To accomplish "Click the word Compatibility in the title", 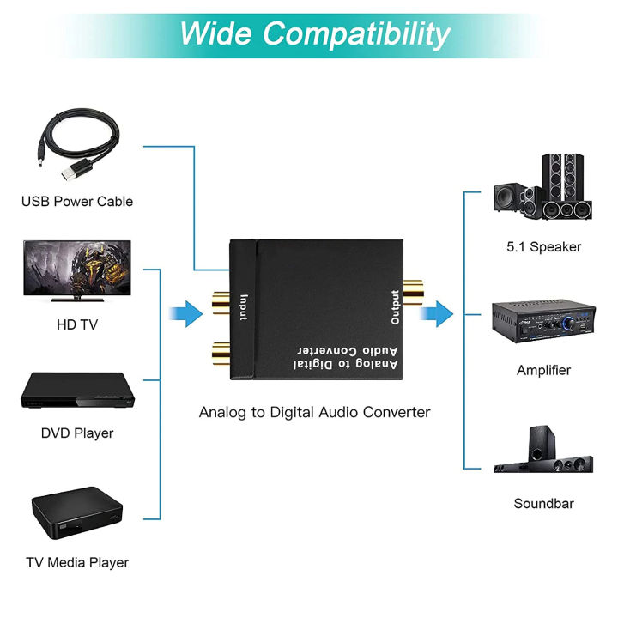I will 356,33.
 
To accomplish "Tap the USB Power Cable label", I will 77,202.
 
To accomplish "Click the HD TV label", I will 77,325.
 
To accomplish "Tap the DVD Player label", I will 77,433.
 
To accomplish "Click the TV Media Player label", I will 77,563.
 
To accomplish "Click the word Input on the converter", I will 244,306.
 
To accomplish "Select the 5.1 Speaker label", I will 543,247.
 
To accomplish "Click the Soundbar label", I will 543,504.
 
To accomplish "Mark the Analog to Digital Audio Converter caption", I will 314,412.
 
